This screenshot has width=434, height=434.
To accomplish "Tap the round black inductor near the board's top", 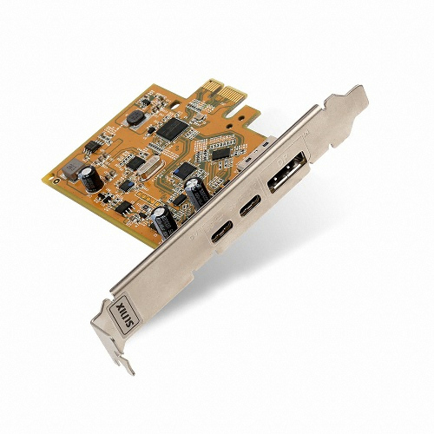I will click(136, 118).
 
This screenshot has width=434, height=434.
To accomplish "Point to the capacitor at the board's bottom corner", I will click(162, 224).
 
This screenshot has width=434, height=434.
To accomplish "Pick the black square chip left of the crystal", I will click(135, 163).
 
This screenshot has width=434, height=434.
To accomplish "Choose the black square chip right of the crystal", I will click(185, 170).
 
